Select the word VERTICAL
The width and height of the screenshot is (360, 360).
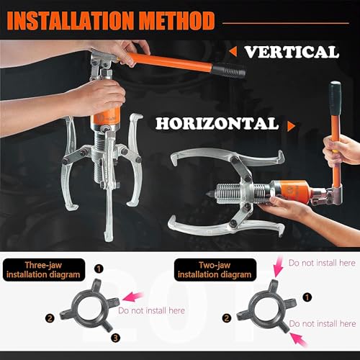291,51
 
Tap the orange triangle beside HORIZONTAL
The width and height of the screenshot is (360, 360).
292,125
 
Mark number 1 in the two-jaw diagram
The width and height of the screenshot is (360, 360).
308,295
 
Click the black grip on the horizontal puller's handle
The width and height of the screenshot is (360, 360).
335,94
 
